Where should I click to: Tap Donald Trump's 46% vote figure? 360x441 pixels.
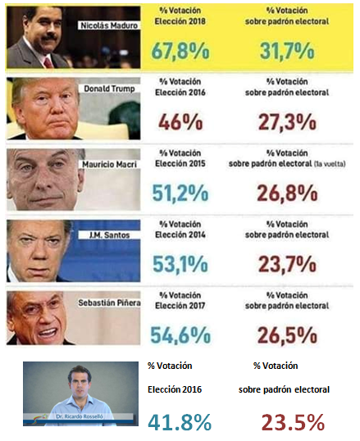point(173,121)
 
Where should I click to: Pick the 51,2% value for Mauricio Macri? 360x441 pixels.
point(180,193)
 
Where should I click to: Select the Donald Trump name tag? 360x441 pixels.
point(108,88)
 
